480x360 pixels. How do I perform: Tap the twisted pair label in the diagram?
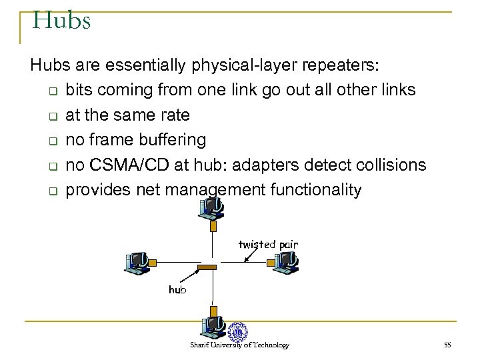pyautogui.click(x=268, y=245)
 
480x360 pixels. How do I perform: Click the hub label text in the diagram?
pyautogui.click(x=177, y=289)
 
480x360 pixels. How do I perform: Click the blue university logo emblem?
pyautogui.click(x=237, y=331)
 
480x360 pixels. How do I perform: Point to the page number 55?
pyautogui.click(x=447, y=345)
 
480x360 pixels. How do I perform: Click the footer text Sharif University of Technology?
pyautogui.click(x=239, y=345)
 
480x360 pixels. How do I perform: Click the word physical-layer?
pyautogui.click(x=244, y=66)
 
